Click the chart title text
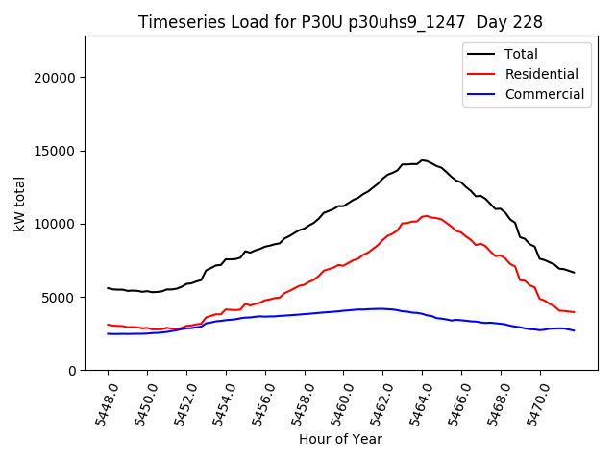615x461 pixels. tap(340, 22)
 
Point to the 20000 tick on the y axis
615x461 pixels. tap(56, 78)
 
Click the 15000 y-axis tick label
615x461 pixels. tap(56, 151)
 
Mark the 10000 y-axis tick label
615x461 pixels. tap(56, 224)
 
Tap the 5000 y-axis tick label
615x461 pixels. tap(60, 298)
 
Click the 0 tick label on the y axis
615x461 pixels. tap(72, 371)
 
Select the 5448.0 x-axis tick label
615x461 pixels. tap(103, 401)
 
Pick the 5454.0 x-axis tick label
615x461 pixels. tap(221, 401)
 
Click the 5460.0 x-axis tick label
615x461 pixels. tap(338, 401)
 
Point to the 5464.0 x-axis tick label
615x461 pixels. tap(417, 401)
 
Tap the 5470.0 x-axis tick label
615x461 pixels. tap(535, 401)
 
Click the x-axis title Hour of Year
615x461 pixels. tap(340, 440)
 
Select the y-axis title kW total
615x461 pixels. tap(20, 204)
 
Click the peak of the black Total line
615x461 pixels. tap(422, 160)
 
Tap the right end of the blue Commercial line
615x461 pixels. tap(574, 330)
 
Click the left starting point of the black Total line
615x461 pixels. tap(108, 288)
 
